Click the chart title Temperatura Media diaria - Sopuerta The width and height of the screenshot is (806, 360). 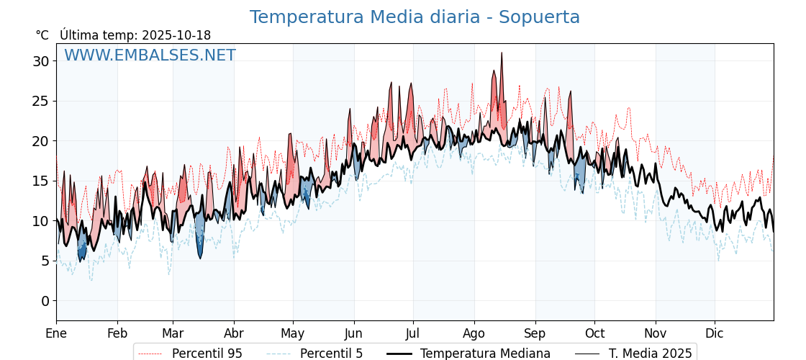pyautogui.click(x=415, y=17)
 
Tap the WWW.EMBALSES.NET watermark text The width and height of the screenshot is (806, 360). pyautogui.click(x=150, y=55)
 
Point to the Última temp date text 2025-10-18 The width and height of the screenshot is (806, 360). pyautogui.click(x=176, y=35)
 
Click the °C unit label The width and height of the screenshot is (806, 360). pyautogui.click(x=42, y=35)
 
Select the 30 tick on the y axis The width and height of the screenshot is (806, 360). pyautogui.click(x=40, y=61)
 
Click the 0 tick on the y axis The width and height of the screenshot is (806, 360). pyautogui.click(x=45, y=301)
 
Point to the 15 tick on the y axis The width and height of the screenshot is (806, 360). pyautogui.click(x=40, y=181)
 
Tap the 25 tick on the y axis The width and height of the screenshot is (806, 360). pyautogui.click(x=40, y=101)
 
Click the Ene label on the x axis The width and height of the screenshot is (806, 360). pyautogui.click(x=56, y=333)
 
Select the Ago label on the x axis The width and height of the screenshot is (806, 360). pyautogui.click(x=474, y=333)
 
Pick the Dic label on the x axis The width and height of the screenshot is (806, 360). pyautogui.click(x=715, y=333)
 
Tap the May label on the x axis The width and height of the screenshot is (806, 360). pyautogui.click(x=293, y=333)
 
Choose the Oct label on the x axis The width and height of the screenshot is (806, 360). pyautogui.click(x=594, y=333)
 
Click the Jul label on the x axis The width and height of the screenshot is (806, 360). pyautogui.click(x=413, y=333)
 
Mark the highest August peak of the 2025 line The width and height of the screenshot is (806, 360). pyautogui.click(x=502, y=53)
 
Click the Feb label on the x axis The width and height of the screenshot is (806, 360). pyautogui.click(x=117, y=333)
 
